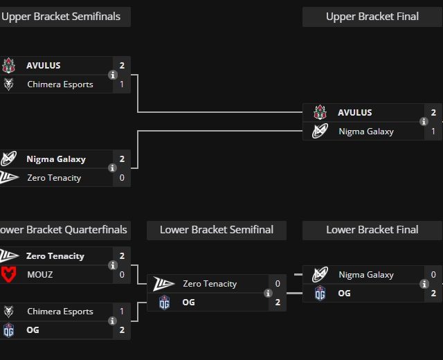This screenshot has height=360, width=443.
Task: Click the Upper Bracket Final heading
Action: [372, 17]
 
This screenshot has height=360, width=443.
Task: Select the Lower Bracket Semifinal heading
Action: [217, 230]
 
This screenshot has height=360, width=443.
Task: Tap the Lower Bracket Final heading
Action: [372, 230]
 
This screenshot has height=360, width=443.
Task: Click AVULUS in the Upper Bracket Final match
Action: [354, 112]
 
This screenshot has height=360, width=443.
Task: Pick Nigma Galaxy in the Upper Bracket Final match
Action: [365, 131]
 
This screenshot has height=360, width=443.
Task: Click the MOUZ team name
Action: [39, 274]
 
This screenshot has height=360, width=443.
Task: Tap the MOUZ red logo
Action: [9, 274]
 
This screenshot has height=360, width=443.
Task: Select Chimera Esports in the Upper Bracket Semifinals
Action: [60, 84]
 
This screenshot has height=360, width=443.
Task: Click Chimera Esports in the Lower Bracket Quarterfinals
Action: [60, 311]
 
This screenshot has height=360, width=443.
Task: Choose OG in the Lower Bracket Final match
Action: [344, 293]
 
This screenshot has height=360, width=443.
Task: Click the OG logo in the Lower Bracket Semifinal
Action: [164, 302]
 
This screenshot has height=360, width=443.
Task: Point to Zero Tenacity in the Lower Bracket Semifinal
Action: [209, 283]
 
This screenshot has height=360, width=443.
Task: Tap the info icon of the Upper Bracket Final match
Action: [424, 122]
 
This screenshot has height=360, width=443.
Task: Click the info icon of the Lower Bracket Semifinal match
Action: [268, 293]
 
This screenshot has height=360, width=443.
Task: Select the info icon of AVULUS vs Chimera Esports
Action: [112, 75]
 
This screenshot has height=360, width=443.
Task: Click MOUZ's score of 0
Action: [122, 274]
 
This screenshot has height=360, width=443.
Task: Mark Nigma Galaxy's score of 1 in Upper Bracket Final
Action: [433, 131]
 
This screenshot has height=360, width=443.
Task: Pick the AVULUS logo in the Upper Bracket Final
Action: [320, 112]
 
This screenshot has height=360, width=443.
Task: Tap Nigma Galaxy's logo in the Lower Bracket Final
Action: [320, 274]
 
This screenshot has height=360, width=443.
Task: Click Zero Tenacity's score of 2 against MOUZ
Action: [122, 255]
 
